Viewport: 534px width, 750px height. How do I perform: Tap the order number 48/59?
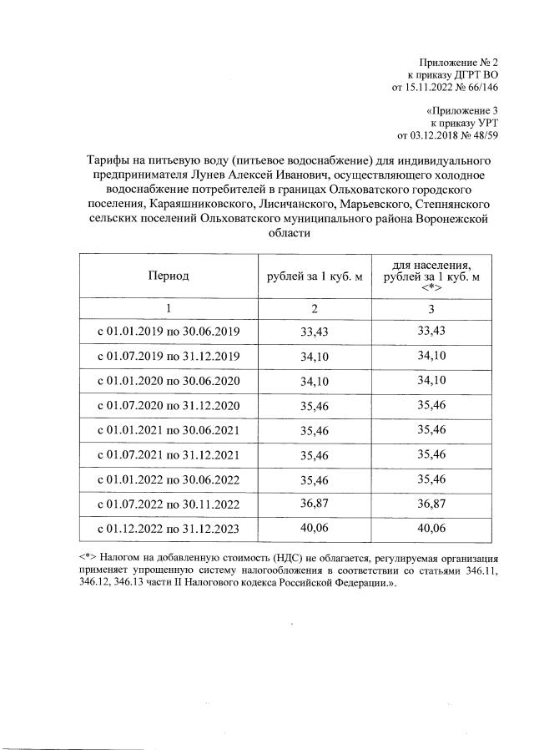[481, 135]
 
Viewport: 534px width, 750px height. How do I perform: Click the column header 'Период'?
[169, 275]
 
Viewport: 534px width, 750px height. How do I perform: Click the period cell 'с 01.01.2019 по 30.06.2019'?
[169, 332]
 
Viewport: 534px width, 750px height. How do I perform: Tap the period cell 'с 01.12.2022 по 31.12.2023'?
[169, 529]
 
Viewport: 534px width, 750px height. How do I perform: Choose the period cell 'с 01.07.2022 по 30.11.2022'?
[169, 504]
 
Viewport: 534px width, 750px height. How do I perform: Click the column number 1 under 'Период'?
[169, 308]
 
